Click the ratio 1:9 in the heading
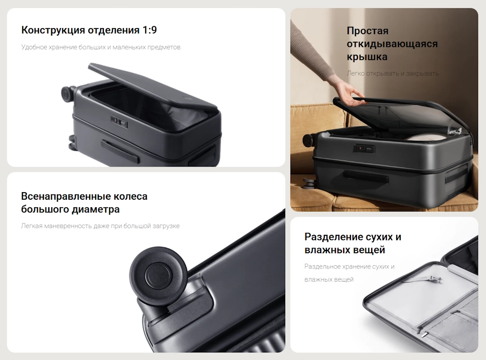click(150, 30)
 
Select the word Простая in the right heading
click(367, 31)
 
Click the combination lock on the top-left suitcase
click(119, 121)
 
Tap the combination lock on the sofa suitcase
click(364, 148)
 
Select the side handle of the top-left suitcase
click(120, 151)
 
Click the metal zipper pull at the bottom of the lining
click(425, 334)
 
